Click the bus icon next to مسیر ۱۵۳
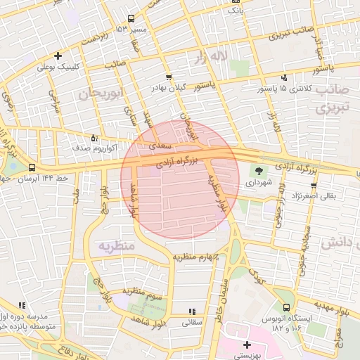pos(131,19)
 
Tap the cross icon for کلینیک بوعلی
pos(58,56)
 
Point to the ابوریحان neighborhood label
pos(103,93)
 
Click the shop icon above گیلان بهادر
pos(168,77)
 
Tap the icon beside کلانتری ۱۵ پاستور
pos(284,77)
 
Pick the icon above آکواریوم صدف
pos(95,138)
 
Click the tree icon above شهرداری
pos(260,170)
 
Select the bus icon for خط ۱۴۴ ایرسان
pos(32,167)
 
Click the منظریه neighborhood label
pos(110,247)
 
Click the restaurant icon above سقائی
pos(191,311)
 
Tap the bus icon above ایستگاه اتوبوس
pos(285,307)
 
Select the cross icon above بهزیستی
pos(247,345)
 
